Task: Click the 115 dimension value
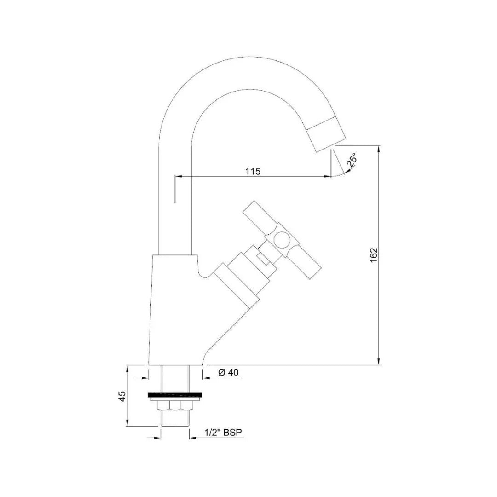point(253,171)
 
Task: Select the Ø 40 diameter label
point(228,373)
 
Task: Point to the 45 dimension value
point(122,396)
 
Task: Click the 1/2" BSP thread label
point(224,433)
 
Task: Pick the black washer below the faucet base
point(175,394)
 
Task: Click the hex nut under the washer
point(175,405)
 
